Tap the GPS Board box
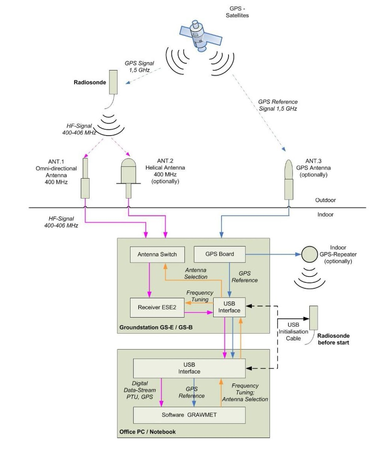(220, 254)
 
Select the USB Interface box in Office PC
(189, 368)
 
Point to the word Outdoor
(325, 200)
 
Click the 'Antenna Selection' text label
(196, 273)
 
